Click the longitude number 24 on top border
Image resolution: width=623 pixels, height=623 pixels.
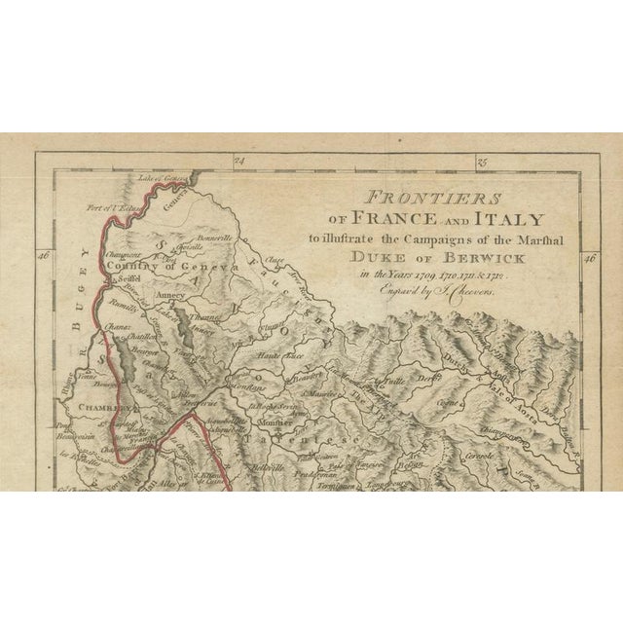point(240,161)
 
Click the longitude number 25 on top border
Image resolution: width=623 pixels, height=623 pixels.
point(481,161)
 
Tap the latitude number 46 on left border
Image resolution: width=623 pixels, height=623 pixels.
point(42,257)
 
